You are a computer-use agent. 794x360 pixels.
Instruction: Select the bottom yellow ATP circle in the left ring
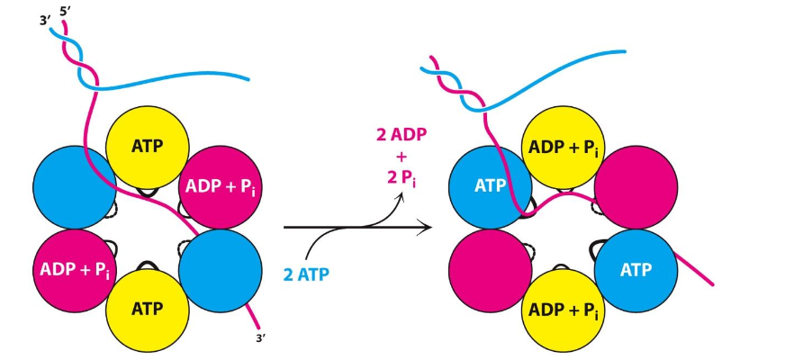point(148,309)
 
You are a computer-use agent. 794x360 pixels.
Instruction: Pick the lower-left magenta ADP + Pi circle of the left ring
point(75,269)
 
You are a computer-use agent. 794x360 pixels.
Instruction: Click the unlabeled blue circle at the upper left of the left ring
point(75,187)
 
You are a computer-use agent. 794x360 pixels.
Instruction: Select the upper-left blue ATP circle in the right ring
point(490,187)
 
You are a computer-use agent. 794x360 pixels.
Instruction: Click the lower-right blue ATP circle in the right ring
point(636,269)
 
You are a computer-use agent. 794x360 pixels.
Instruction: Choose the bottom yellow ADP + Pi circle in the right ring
point(564,309)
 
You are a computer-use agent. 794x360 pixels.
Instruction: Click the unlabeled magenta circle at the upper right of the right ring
point(636,187)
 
